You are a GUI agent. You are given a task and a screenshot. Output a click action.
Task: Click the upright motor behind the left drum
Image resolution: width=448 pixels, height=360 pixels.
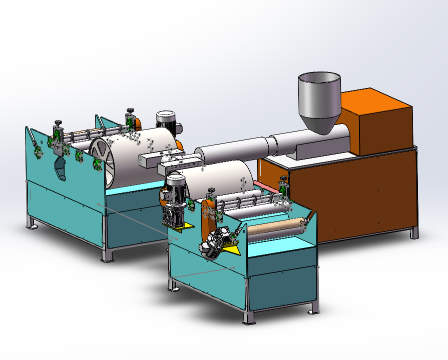point(166,123)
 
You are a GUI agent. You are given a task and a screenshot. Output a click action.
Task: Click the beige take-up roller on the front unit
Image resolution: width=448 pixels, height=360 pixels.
point(275,227)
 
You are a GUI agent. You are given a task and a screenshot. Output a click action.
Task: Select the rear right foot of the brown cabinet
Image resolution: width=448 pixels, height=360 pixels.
point(414,233)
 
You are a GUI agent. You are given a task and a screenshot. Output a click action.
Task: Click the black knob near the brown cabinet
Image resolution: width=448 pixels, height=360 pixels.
point(285,179)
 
